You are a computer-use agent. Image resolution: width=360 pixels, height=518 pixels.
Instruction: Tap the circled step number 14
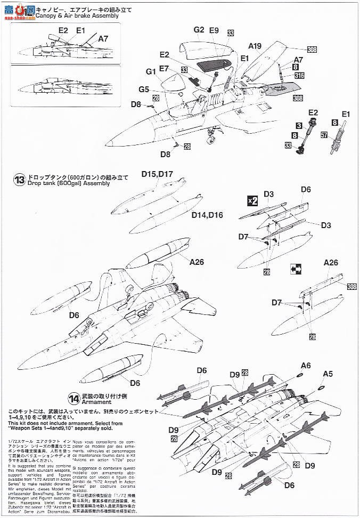pos(73,398)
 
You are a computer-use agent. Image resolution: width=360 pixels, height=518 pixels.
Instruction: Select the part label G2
pos(199,30)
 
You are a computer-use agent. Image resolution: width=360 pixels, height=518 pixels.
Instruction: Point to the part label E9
pos(214,30)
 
